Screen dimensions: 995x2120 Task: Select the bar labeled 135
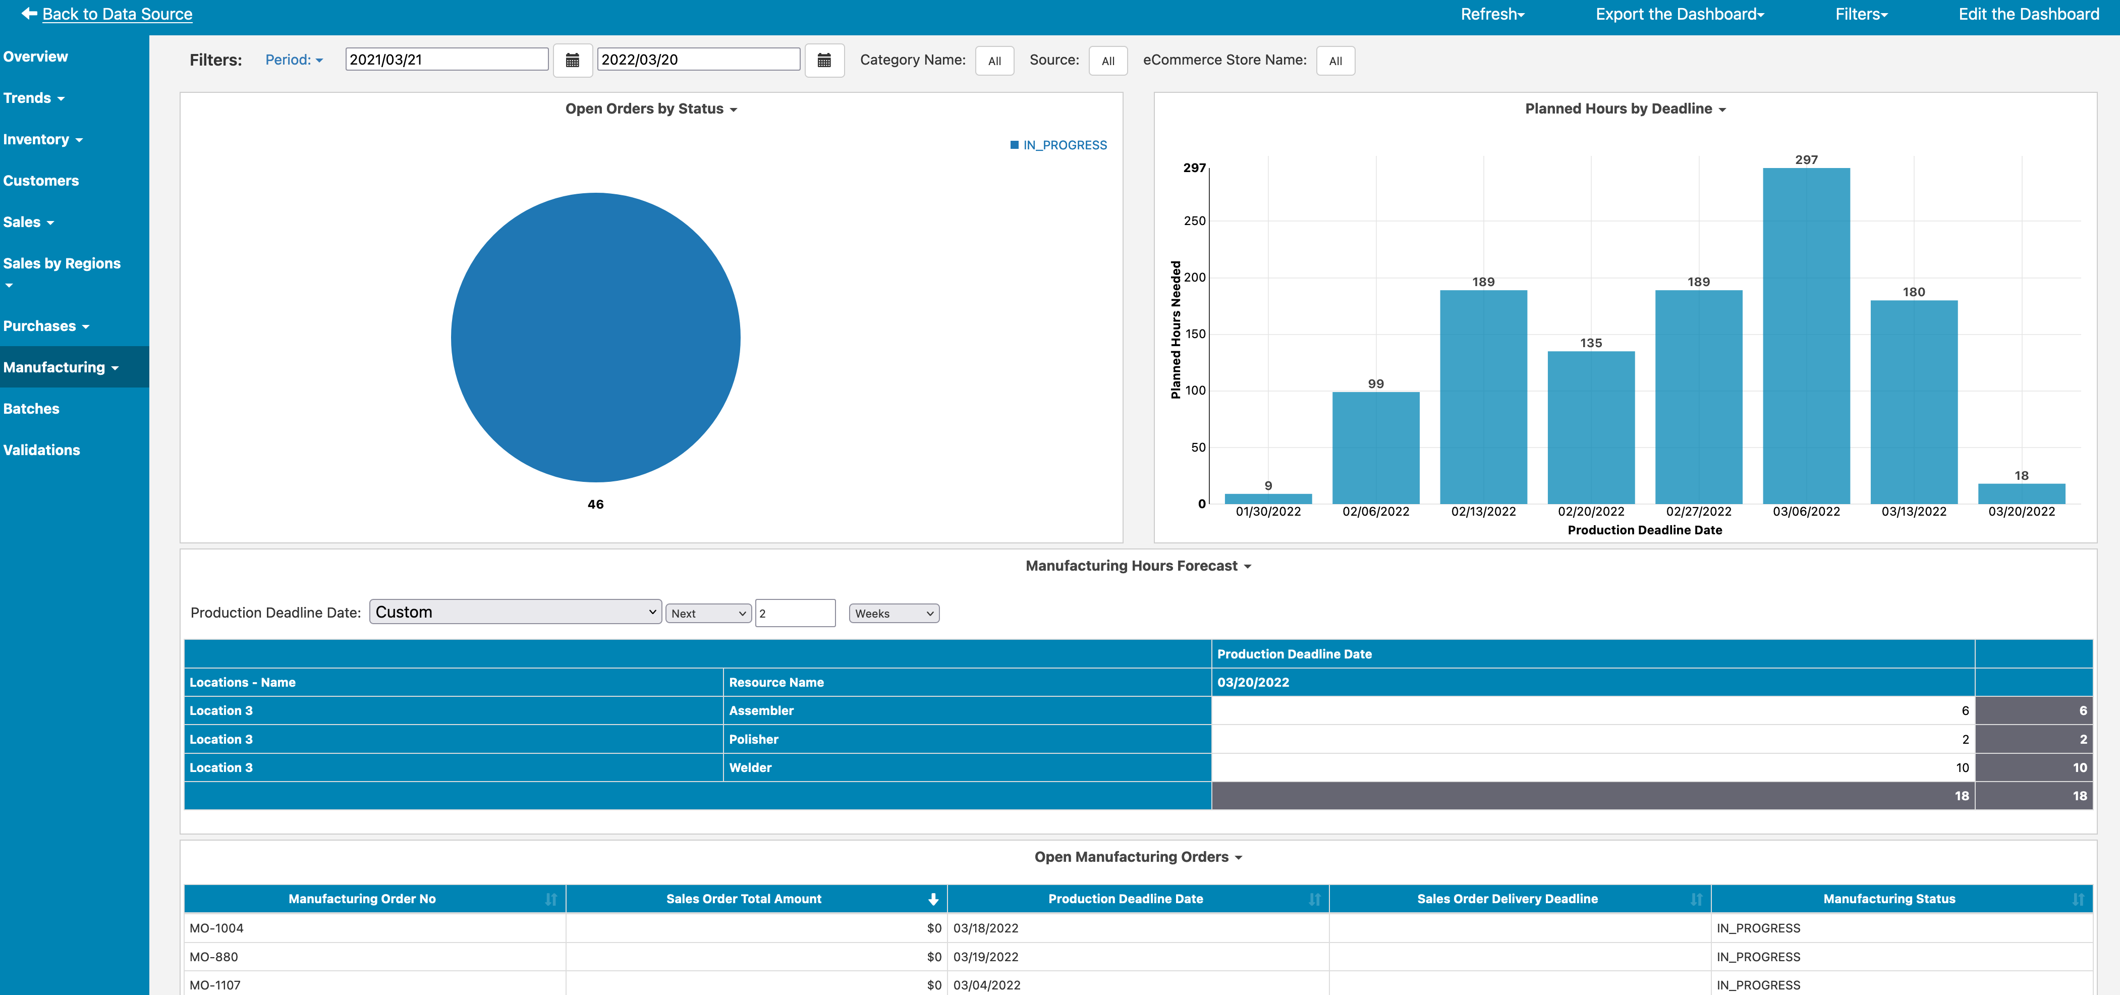point(1591,427)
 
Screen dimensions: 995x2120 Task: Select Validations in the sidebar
point(42,450)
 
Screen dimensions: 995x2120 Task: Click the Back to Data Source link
point(117,14)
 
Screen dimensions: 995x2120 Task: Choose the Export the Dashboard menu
point(1679,14)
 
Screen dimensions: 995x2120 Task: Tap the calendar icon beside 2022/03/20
point(824,60)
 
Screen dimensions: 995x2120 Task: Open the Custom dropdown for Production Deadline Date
point(515,613)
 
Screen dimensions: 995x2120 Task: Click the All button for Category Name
point(994,61)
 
